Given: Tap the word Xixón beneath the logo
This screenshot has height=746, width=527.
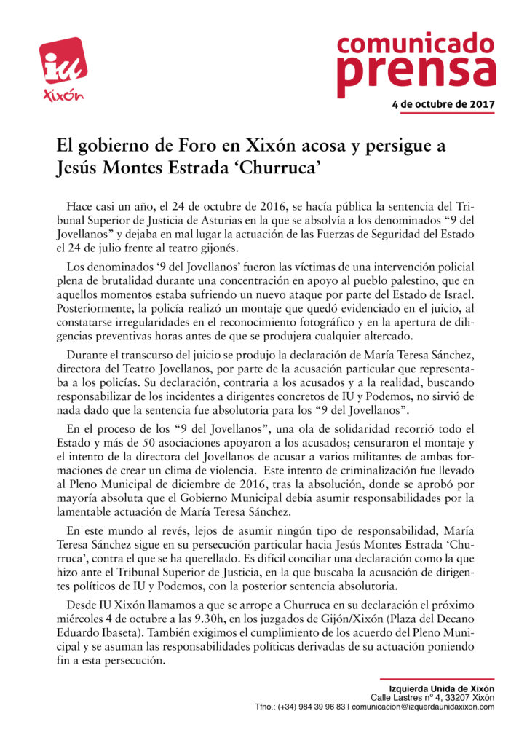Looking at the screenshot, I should pos(64,95).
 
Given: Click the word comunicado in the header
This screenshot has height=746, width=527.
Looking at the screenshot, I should pos(416,43).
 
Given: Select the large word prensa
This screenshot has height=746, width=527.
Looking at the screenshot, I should pos(416,71).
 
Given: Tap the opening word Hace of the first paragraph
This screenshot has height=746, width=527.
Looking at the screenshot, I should pos(80,206).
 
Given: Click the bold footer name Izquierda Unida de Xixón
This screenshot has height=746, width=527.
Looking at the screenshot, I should pos(442,688).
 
